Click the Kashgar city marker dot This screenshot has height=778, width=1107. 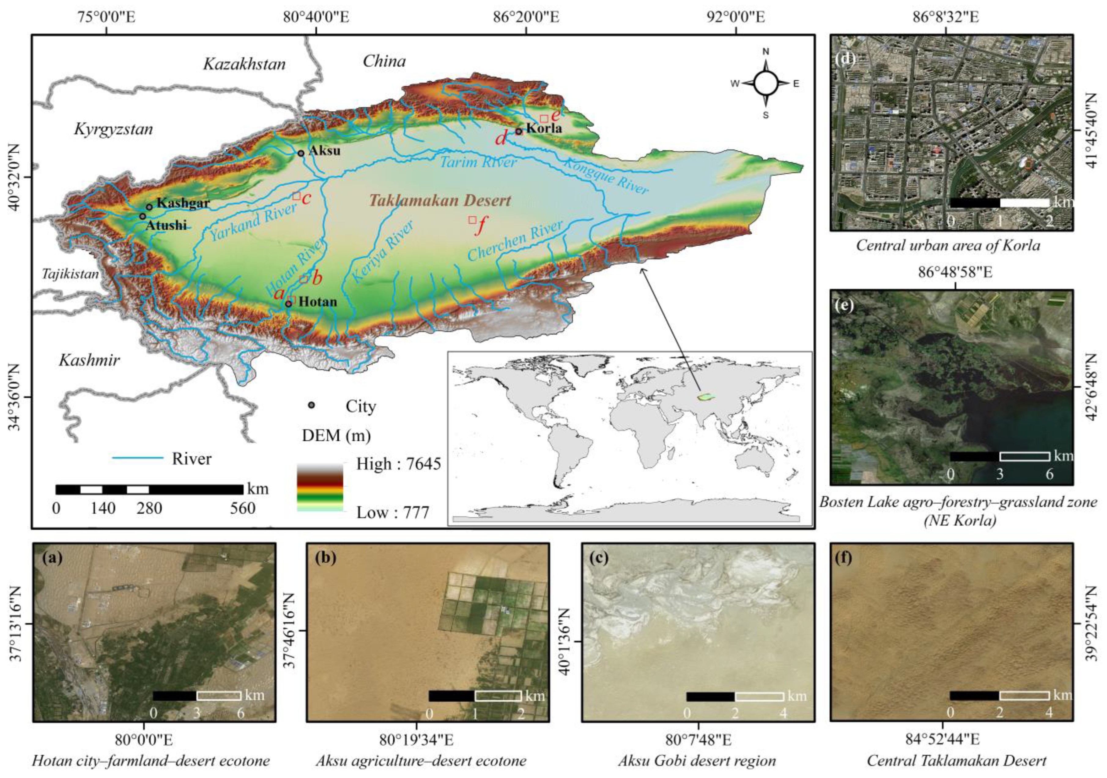click(150, 207)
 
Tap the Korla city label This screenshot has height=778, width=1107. click(544, 128)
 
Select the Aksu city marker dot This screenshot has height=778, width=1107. click(301, 153)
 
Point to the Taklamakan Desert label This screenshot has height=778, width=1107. click(440, 201)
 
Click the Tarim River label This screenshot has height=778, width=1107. click(478, 162)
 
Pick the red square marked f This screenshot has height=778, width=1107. click(472, 220)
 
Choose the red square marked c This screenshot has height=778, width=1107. click(297, 196)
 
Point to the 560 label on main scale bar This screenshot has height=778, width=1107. click(243, 508)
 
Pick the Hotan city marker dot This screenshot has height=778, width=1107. click(289, 304)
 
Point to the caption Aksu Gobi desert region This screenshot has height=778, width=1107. click(697, 761)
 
